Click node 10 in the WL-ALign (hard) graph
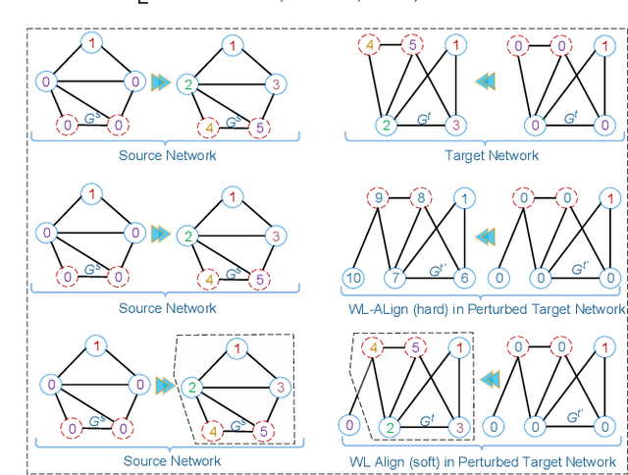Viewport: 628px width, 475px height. click(352, 278)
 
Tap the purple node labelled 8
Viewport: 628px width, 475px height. click(419, 198)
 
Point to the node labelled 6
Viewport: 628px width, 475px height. click(465, 278)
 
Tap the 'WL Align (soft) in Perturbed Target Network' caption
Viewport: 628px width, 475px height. click(488, 461)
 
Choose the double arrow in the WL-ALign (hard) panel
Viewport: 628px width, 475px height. click(484, 237)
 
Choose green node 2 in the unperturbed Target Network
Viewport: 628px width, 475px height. click(388, 125)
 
